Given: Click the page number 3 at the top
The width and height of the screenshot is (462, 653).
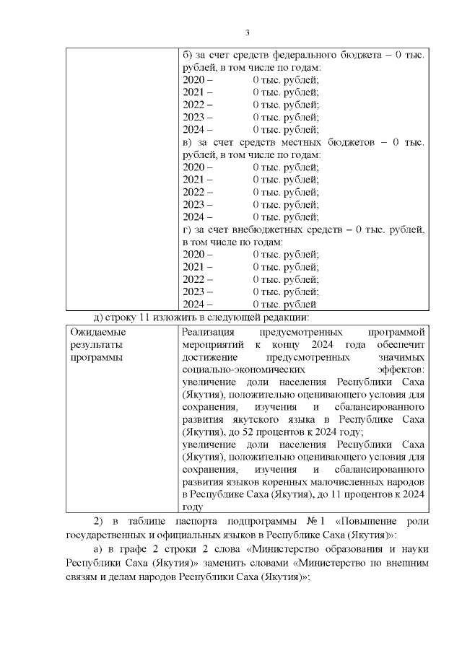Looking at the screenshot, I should (x=247, y=32).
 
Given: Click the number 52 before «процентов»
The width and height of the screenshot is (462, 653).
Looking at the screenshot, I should (x=271, y=431).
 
